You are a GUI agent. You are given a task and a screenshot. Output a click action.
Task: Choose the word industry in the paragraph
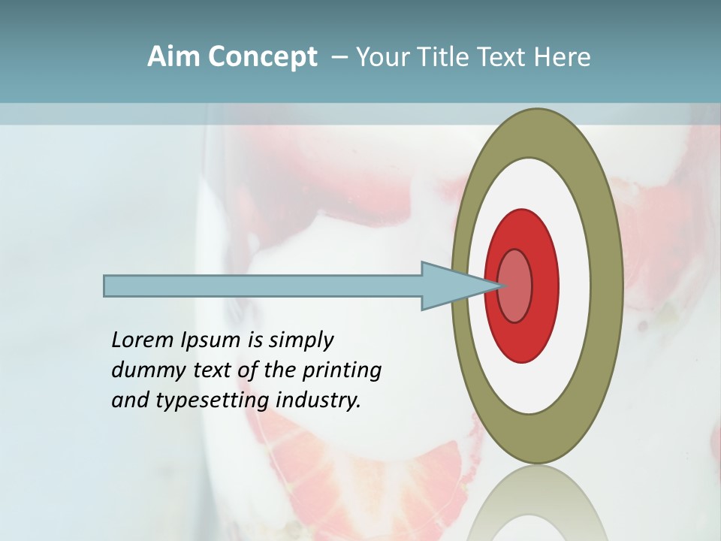pyautogui.click(x=318, y=400)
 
